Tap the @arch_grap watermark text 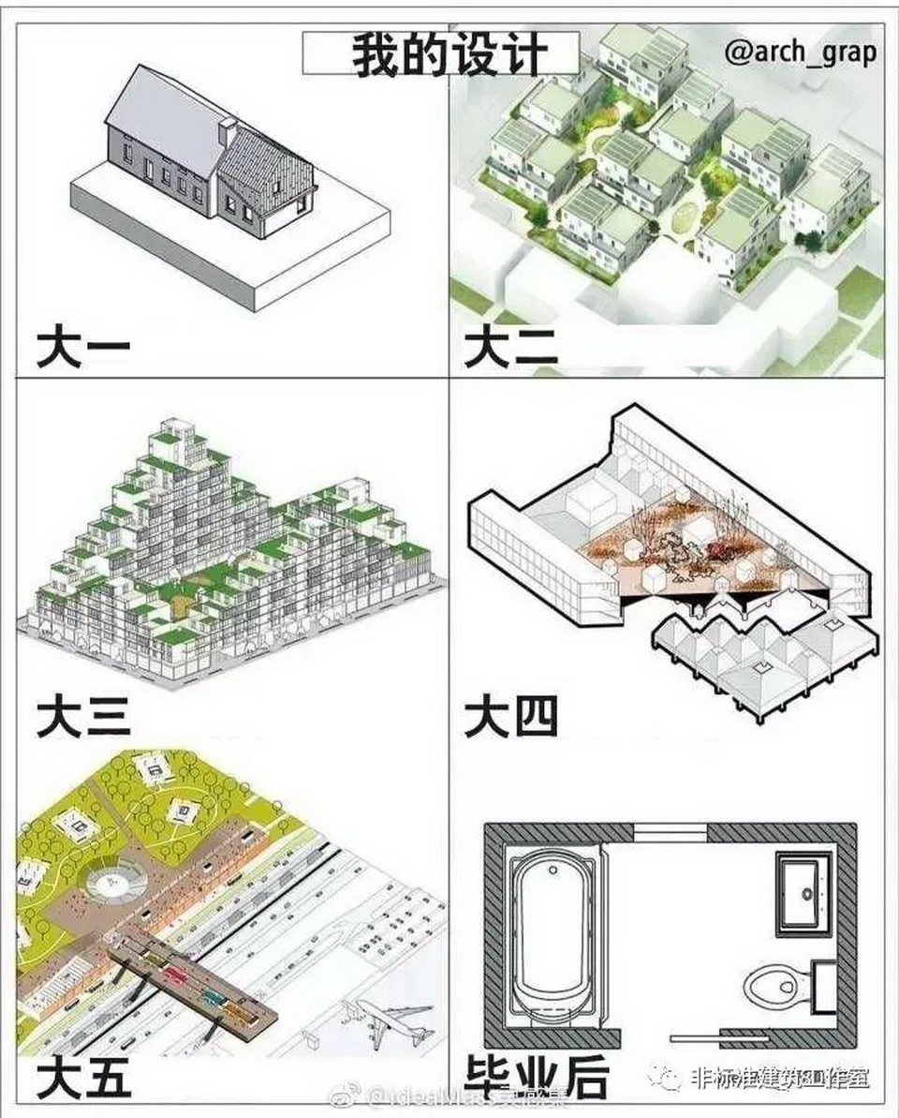(x=801, y=52)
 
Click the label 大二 (x=511, y=348)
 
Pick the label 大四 (x=511, y=717)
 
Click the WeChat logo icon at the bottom (x=669, y=1078)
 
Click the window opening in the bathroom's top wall (x=662, y=833)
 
